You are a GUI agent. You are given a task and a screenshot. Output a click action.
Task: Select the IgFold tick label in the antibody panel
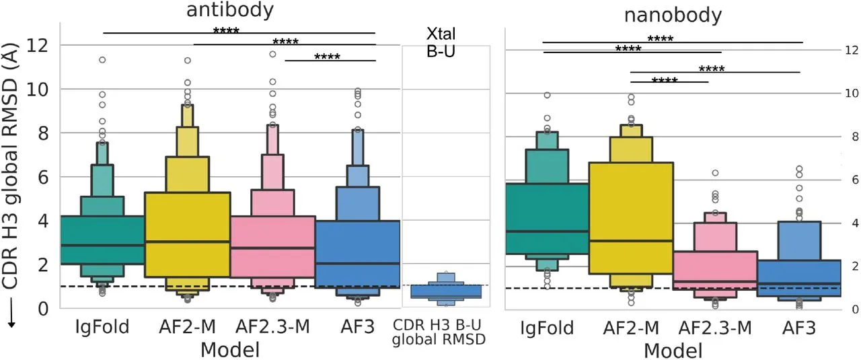pyautogui.click(x=102, y=328)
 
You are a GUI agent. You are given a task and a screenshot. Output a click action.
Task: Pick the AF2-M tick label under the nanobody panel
pyautogui.click(x=630, y=328)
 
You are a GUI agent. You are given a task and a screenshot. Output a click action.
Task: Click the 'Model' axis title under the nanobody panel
pyautogui.click(x=673, y=351)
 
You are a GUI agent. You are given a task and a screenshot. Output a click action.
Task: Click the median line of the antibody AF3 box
pyautogui.click(x=359, y=263)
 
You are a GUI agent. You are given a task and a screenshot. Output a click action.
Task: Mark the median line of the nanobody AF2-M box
pyautogui.click(x=630, y=240)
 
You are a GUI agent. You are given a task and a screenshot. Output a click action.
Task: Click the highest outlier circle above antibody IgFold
pyautogui.click(x=102, y=60)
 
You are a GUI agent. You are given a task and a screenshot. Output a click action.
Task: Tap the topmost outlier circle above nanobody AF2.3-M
pyautogui.click(x=715, y=173)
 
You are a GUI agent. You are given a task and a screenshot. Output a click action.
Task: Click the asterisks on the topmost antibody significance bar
pyautogui.click(x=226, y=31)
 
